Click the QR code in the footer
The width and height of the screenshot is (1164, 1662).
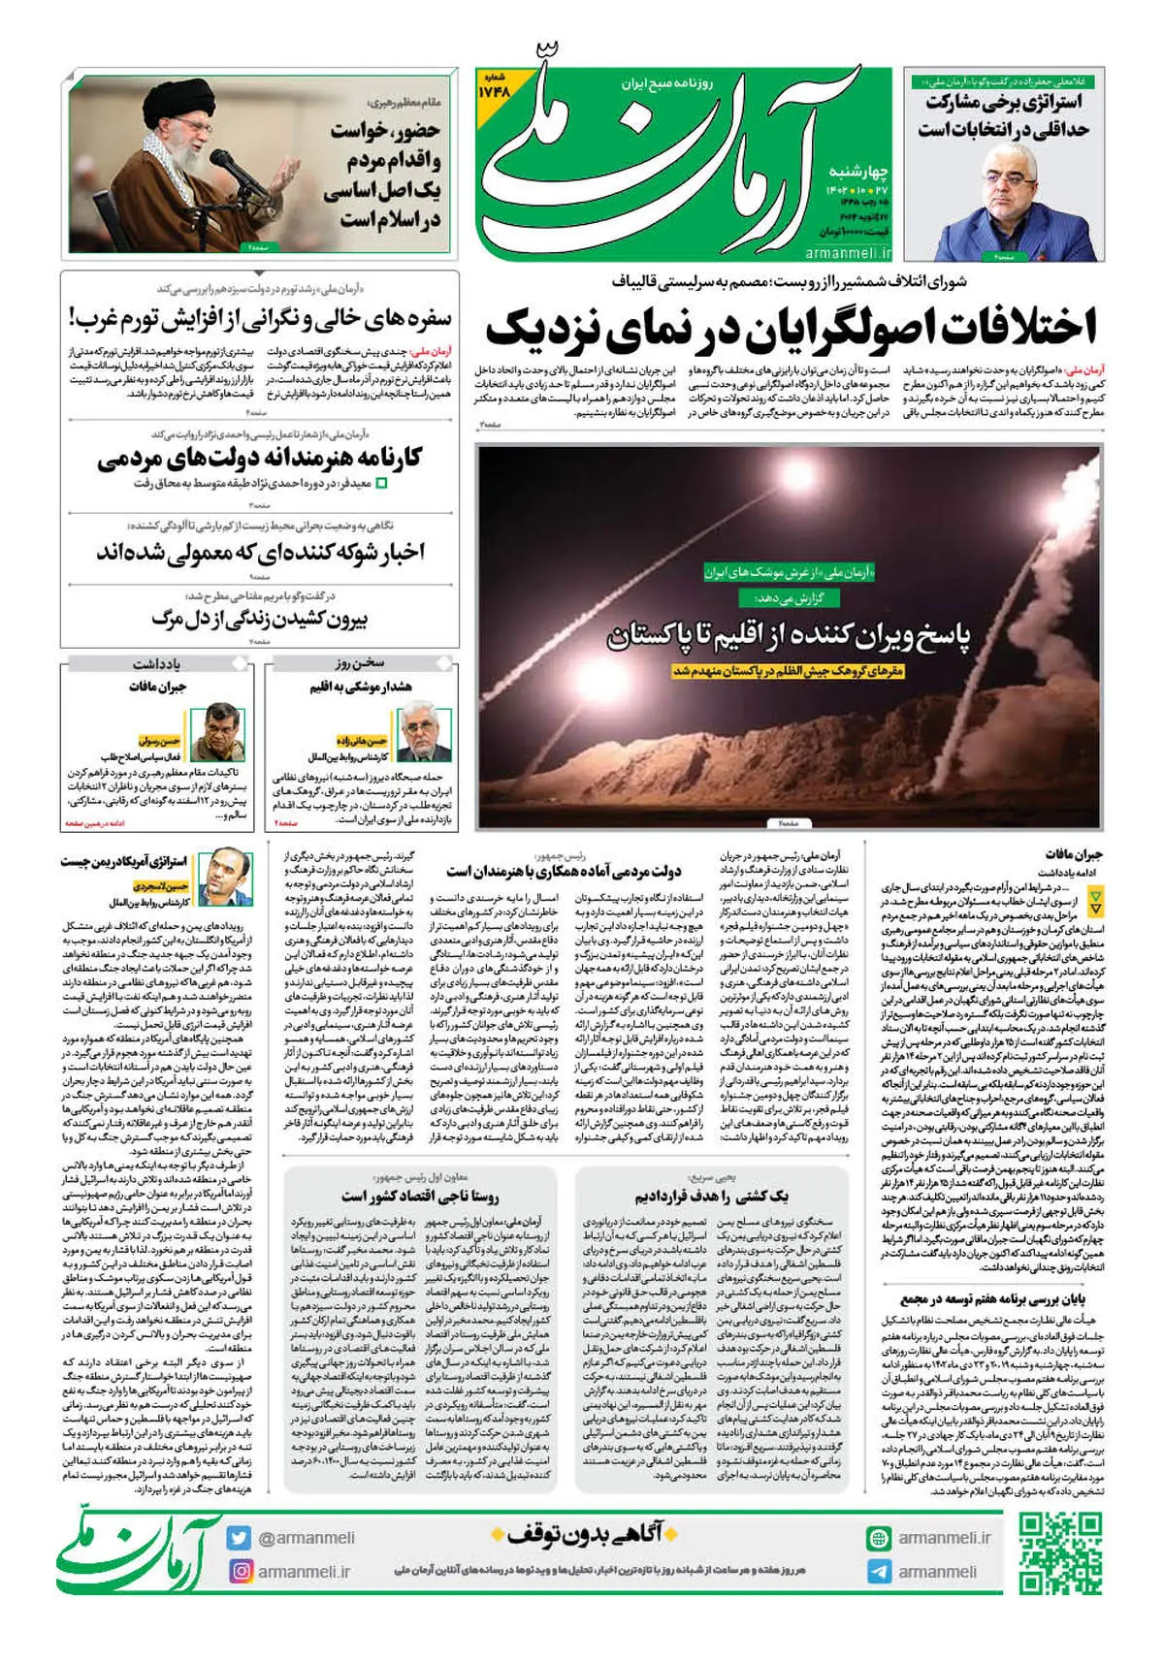[x=1060, y=1553]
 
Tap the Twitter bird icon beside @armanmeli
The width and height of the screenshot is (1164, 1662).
[x=240, y=1538]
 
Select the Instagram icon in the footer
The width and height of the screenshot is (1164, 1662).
[x=240, y=1571]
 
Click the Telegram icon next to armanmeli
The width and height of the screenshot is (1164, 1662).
[x=879, y=1572]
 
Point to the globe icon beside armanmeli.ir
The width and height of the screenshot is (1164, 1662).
[x=879, y=1538]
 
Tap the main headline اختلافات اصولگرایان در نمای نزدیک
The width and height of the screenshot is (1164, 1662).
[x=791, y=328]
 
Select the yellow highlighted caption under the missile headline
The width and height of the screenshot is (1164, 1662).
[x=788, y=671]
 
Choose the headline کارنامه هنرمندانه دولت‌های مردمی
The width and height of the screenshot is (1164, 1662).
[x=260, y=458]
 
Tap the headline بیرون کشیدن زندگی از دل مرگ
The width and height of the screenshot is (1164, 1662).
[x=260, y=619]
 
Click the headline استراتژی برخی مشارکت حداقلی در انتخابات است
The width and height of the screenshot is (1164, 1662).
[x=1004, y=115]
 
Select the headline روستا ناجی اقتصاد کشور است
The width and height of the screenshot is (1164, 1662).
[x=420, y=1197]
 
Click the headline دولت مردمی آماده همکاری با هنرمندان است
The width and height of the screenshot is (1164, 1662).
[x=564, y=871]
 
